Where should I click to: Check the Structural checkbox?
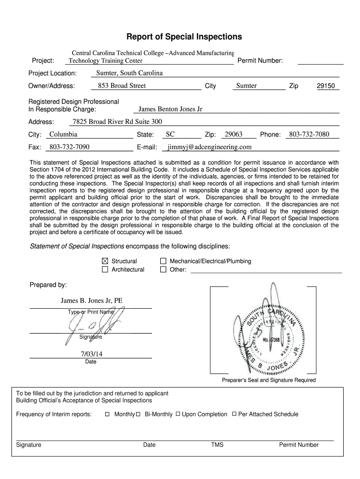105,261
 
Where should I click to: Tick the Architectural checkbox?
105,269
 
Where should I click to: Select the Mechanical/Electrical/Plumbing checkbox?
163,261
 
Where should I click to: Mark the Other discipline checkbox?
163,269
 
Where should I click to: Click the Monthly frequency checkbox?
107,414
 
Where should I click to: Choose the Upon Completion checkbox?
178,414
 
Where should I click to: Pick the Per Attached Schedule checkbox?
234,414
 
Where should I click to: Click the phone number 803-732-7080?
309,135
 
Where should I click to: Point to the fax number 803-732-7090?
69,147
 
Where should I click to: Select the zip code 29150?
325,86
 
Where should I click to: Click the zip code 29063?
233,135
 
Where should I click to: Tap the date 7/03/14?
91,354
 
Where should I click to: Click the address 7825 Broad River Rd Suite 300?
117,122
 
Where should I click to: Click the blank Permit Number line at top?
320,61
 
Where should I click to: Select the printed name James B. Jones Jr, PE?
91,301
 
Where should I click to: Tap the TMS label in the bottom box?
217,445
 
